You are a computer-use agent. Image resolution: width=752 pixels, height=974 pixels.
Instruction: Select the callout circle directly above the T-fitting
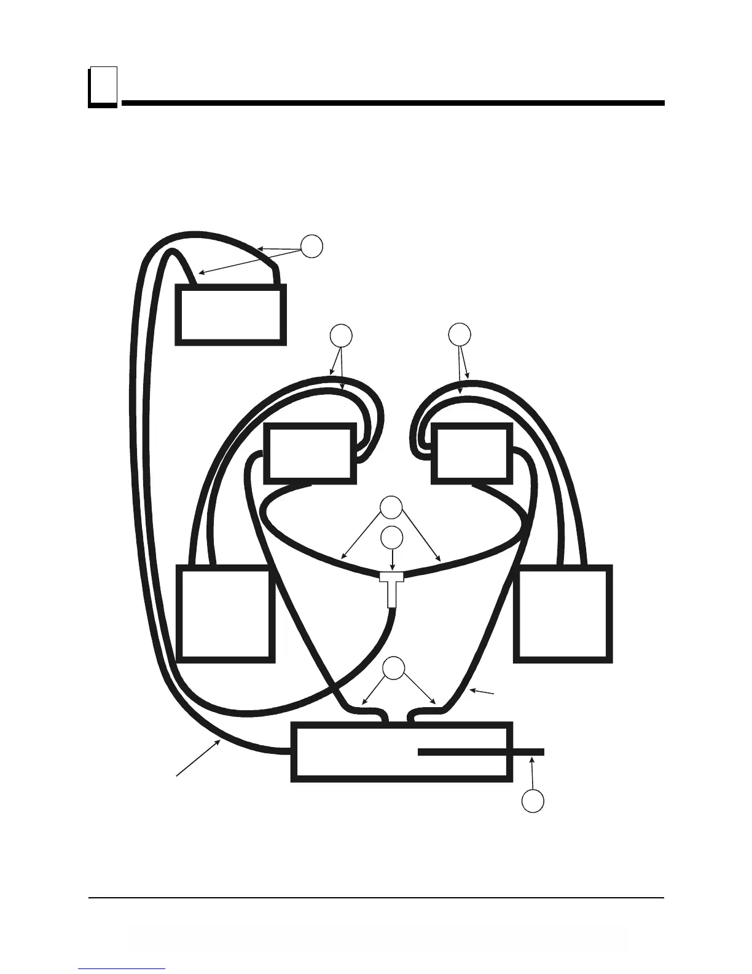point(392,537)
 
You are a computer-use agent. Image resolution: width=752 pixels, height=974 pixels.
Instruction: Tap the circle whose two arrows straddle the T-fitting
point(391,509)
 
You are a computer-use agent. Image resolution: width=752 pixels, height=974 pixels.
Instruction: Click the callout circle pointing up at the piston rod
point(533,801)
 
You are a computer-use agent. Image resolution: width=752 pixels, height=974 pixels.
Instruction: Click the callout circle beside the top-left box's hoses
point(312,246)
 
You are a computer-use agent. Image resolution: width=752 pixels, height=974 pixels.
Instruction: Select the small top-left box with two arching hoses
point(230,314)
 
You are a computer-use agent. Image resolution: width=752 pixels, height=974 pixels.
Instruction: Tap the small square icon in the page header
point(102,87)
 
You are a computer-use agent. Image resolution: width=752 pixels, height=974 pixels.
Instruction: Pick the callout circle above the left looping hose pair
point(341,335)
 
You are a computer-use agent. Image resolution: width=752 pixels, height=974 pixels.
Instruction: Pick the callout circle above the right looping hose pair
point(459,334)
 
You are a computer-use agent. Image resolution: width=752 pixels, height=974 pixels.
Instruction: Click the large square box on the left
point(225,614)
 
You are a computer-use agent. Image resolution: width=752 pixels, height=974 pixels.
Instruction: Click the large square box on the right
point(563,614)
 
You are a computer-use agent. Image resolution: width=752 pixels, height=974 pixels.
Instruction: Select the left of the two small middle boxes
point(310,453)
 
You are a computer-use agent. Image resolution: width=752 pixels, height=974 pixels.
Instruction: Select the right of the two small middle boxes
point(472,453)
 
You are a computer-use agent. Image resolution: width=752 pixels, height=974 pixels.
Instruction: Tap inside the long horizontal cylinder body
point(356,752)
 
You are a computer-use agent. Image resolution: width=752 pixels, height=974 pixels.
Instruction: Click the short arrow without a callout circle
point(482,694)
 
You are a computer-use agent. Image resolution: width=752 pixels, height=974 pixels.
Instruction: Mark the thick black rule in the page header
point(393,103)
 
